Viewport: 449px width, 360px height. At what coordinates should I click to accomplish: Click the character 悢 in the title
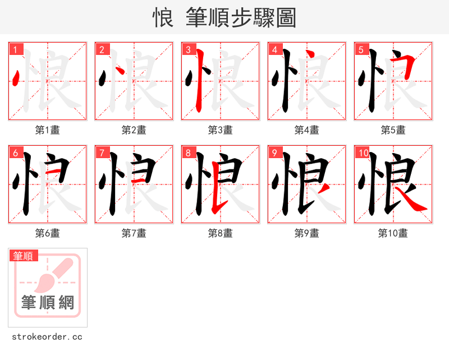pyautogui.click(x=163, y=18)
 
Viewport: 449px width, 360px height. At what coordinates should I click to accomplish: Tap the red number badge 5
pyautogui.click(x=361, y=49)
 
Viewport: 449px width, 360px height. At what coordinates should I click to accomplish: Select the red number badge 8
pyautogui.click(x=189, y=153)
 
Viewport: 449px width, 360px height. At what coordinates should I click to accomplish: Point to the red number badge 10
pyautogui.click(x=363, y=153)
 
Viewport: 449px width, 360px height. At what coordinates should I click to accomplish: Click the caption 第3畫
pyautogui.click(x=220, y=130)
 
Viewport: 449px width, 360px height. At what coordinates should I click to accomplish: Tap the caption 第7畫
pyautogui.click(x=134, y=233)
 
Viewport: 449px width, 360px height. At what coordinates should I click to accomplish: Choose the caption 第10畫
pyautogui.click(x=393, y=233)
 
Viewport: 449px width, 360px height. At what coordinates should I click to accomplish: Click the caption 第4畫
pyautogui.click(x=306, y=130)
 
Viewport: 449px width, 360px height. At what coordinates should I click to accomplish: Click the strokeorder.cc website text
pyautogui.click(x=47, y=337)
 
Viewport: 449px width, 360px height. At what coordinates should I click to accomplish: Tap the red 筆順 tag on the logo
pyautogui.click(x=24, y=256)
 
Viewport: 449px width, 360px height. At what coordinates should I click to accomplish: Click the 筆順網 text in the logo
pyautogui.click(x=48, y=303)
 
